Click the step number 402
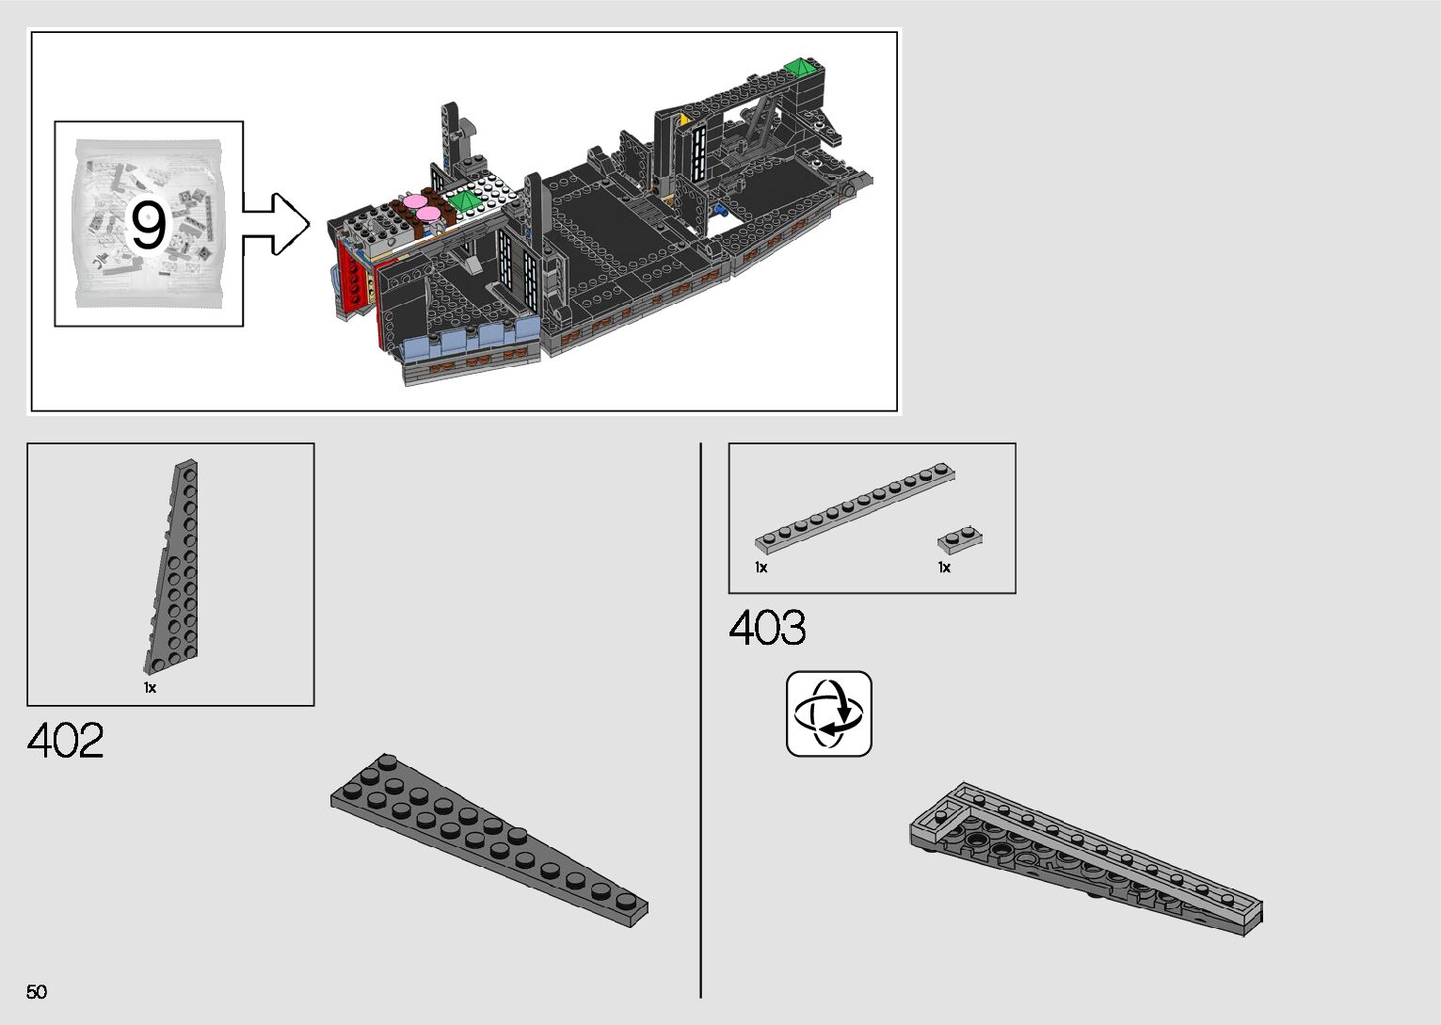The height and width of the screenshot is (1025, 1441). tap(66, 741)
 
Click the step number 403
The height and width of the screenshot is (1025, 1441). tap(767, 628)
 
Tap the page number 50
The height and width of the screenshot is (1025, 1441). tap(37, 991)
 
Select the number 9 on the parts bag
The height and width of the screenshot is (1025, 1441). tap(148, 226)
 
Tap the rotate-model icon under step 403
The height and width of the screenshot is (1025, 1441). tap(828, 713)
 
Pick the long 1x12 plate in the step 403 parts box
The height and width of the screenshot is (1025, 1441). tap(855, 507)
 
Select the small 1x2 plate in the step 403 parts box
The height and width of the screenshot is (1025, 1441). tap(959, 539)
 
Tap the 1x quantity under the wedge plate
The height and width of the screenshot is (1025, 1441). tap(150, 688)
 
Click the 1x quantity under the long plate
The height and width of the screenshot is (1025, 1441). tap(761, 568)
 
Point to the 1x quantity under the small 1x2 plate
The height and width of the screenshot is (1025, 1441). tap(944, 568)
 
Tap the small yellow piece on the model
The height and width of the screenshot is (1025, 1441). tap(684, 120)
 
